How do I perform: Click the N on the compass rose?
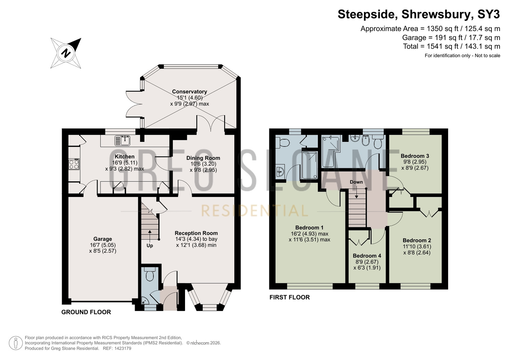[x=66, y=53]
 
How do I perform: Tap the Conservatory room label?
[x=189, y=91]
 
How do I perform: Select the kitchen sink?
[x=122, y=140]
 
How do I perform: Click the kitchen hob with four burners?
[x=74, y=164]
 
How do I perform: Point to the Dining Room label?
[x=203, y=158]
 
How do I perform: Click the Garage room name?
[x=103, y=239]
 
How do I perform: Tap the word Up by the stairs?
[x=150, y=246]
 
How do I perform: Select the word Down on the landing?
[x=356, y=182]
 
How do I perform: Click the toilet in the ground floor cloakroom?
[x=150, y=274]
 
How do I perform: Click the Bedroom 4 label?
[x=367, y=256]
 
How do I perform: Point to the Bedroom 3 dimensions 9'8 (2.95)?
[x=415, y=162]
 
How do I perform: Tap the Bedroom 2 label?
[x=417, y=240]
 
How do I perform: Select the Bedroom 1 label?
[x=309, y=228]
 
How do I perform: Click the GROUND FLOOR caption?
[x=86, y=312]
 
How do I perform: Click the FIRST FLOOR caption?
[x=289, y=297]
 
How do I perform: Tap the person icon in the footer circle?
[x=16, y=343]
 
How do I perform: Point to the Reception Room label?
[x=196, y=233]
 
